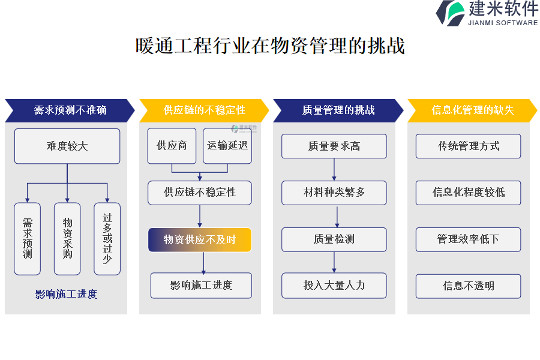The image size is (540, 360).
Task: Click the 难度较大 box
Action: (67, 146)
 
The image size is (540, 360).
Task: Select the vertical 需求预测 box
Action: (27, 239)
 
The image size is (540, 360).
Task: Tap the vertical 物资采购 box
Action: (67, 239)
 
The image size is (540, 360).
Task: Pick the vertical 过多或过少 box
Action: (107, 239)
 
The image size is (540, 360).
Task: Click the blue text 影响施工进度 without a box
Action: (66, 294)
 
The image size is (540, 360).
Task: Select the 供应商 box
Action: (172, 146)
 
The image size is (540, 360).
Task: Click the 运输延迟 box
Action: (227, 146)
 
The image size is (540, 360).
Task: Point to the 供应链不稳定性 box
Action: (200, 193)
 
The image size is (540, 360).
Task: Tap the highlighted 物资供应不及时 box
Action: (200, 240)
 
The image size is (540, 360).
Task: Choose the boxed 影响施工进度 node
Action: (201, 286)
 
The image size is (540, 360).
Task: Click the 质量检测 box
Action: (334, 239)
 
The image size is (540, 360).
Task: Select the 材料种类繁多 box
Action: (334, 193)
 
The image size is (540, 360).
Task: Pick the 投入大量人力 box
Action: (334, 286)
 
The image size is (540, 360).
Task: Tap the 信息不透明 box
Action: (469, 286)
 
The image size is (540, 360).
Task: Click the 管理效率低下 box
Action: (469, 239)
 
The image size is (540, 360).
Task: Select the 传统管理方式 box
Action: (469, 146)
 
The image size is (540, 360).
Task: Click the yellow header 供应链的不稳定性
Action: (204, 110)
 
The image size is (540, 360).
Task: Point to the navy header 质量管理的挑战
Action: (338, 110)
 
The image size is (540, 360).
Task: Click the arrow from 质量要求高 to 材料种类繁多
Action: (334, 169)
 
